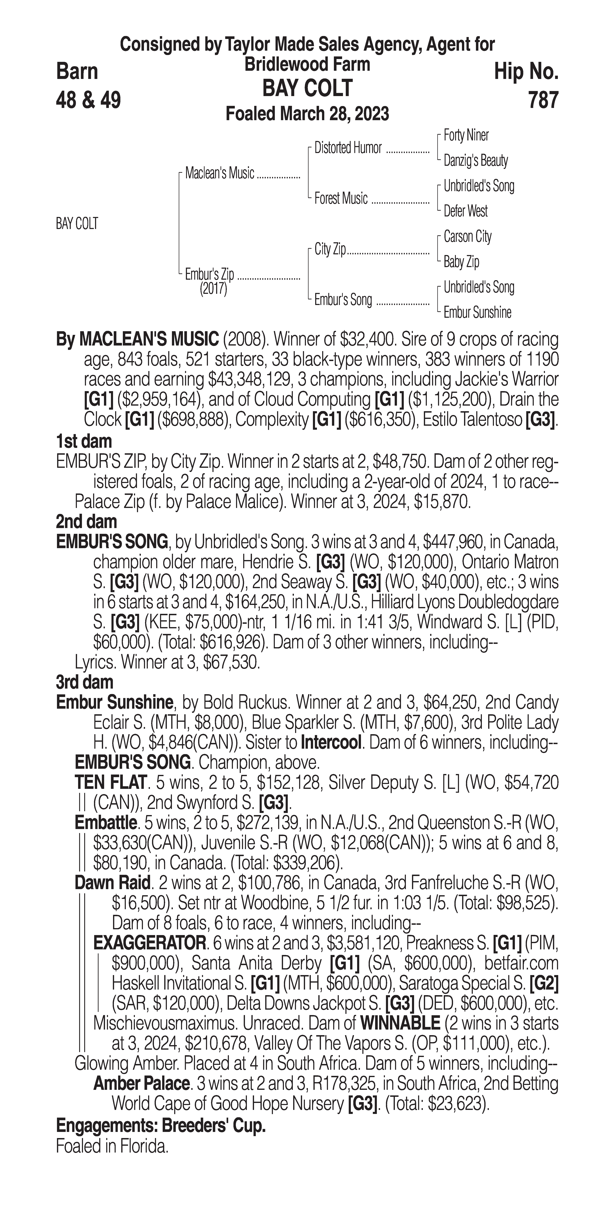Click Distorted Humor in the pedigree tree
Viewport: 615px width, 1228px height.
pyautogui.click(x=348, y=148)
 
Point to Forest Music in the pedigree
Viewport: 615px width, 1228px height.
pyautogui.click(x=341, y=198)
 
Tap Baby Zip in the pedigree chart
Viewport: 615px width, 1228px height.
pyautogui.click(x=461, y=262)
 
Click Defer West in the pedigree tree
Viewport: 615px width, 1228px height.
pyautogui.click(x=465, y=211)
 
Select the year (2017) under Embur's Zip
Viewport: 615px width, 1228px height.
pyautogui.click(x=213, y=289)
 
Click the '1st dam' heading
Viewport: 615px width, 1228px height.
pyautogui.click(x=84, y=441)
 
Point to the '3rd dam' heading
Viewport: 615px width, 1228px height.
pyautogui.click(x=84, y=682)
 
